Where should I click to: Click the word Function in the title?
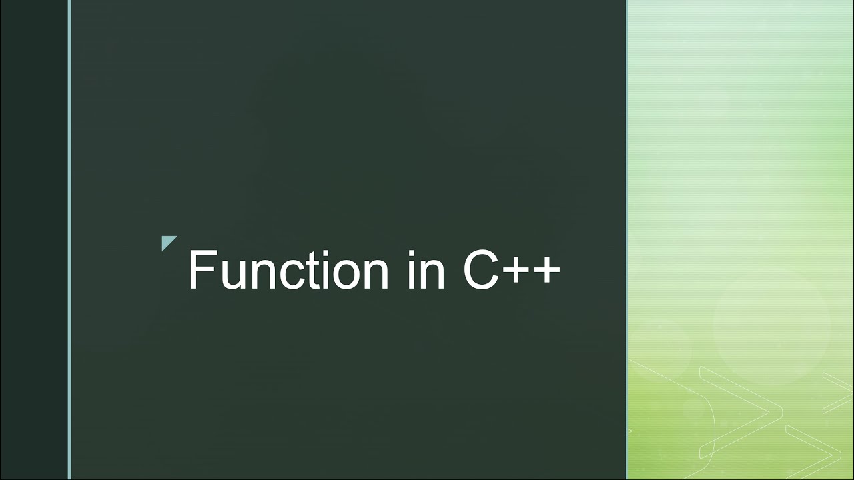pyautogui.click(x=288, y=270)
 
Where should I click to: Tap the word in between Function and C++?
pyautogui.click(x=426, y=270)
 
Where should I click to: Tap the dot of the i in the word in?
pyautogui.click(x=410, y=252)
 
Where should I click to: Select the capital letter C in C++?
pyautogui.click(x=480, y=270)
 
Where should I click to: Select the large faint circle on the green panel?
pyautogui.click(x=771, y=327)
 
